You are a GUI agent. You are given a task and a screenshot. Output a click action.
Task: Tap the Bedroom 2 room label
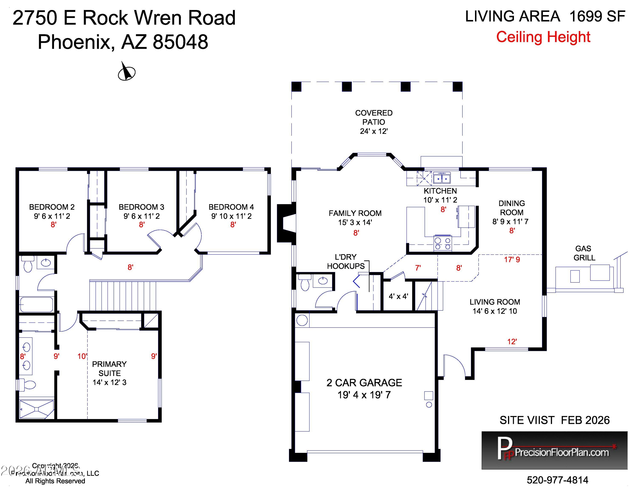click(x=52, y=207)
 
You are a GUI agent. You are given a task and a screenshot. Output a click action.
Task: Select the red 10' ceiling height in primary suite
click(x=82, y=356)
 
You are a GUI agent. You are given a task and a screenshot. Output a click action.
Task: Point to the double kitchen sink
click(x=442, y=178)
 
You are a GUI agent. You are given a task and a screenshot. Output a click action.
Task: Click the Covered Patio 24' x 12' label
click(x=374, y=122)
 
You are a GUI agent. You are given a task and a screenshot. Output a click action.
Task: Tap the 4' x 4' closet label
click(x=398, y=296)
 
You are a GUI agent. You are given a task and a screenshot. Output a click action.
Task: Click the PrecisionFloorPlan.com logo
click(x=554, y=450)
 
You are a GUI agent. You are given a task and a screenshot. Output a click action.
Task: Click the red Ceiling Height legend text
click(x=543, y=37)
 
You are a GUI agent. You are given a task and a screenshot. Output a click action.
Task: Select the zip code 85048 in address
click(x=180, y=42)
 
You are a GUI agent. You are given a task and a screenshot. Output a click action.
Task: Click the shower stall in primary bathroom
click(x=37, y=409)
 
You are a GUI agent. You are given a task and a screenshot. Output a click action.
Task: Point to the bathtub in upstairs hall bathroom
click(x=37, y=305)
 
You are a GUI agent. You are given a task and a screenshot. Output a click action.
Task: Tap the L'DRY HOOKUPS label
click(x=346, y=261)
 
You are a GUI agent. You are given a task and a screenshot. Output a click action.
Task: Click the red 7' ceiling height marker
click(x=418, y=268)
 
